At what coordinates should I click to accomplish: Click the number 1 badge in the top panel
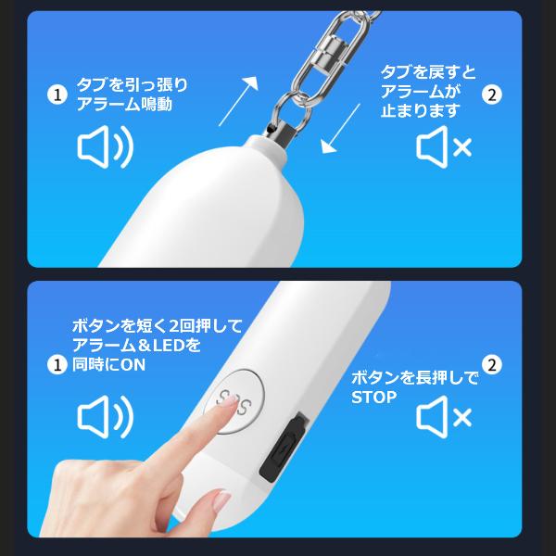point(57,95)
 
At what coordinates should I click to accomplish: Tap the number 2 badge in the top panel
point(492,95)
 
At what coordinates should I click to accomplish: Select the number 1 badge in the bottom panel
point(57,364)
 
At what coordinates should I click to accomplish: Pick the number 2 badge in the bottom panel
point(492,364)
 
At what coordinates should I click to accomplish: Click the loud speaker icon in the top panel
point(106,146)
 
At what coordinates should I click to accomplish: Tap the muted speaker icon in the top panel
point(444,146)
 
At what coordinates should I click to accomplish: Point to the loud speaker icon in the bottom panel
point(106,417)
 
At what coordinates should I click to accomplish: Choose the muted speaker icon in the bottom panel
point(444,417)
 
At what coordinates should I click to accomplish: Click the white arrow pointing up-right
point(238,101)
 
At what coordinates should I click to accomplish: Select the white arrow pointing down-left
point(340,129)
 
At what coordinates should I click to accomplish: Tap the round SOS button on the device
point(234,401)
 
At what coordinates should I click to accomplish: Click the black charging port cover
point(284,448)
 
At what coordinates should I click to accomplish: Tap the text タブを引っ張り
point(132,84)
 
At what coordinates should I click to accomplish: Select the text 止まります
point(421,111)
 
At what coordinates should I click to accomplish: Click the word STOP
point(373,398)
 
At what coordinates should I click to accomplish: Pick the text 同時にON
point(108,365)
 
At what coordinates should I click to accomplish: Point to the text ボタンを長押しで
point(414,378)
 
